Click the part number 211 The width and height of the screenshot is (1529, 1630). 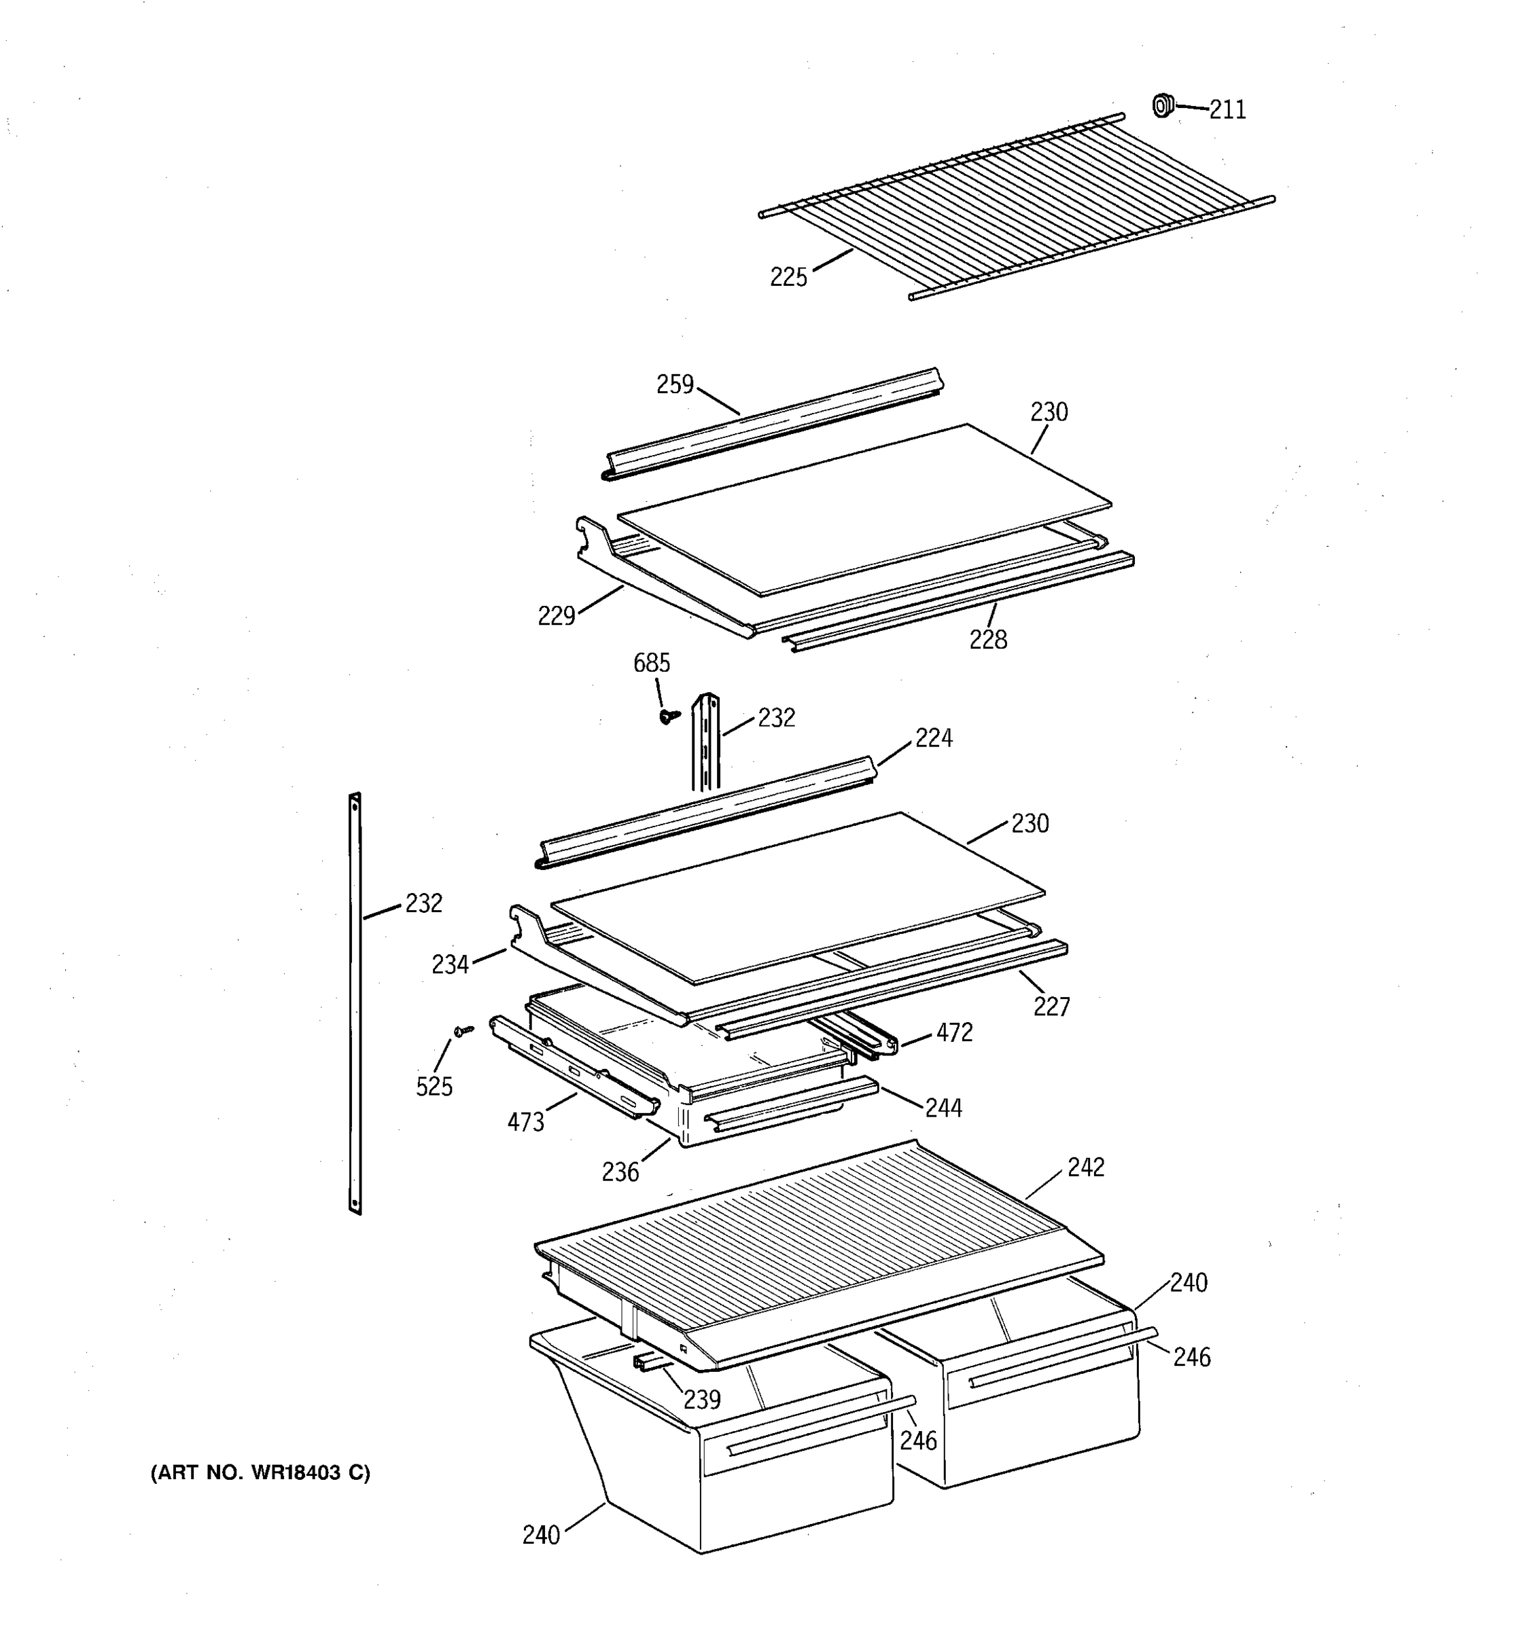(x=1227, y=110)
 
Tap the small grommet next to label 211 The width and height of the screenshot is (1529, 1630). (x=1161, y=106)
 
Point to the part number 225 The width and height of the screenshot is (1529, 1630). (x=788, y=278)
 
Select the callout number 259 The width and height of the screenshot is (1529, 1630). (x=675, y=384)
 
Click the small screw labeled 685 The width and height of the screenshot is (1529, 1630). (x=669, y=717)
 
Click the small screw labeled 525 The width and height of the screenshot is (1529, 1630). (x=464, y=1030)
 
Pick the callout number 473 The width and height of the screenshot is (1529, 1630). (x=526, y=1123)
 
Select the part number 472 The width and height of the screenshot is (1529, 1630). (x=954, y=1032)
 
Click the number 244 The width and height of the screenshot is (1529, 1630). (x=943, y=1108)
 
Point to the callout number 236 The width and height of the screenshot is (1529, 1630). (x=620, y=1172)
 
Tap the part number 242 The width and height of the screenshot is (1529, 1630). (x=1086, y=1167)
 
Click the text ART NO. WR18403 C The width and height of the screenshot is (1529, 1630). (x=260, y=1472)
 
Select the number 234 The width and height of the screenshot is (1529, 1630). (x=451, y=965)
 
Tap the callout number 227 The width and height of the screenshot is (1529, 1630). (x=1051, y=1007)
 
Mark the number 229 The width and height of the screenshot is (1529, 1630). (x=556, y=616)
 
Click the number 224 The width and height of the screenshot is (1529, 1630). (x=934, y=738)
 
